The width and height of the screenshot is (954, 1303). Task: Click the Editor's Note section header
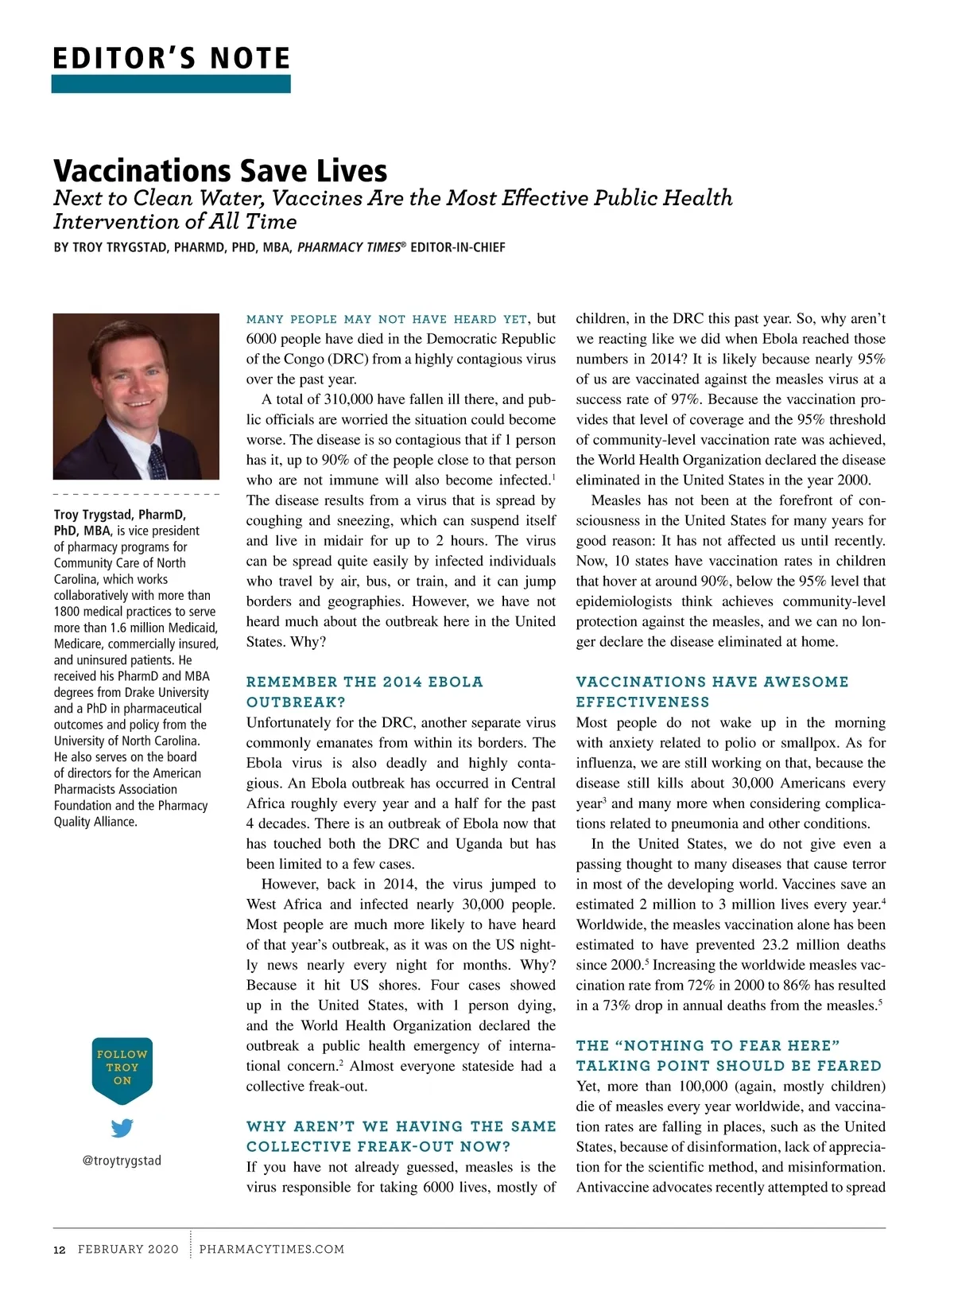[171, 58]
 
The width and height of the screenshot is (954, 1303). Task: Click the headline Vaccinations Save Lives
[220, 170]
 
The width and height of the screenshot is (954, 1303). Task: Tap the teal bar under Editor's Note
[171, 84]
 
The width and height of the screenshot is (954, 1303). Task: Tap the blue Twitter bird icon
[122, 1128]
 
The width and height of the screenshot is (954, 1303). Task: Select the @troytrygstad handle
[122, 1161]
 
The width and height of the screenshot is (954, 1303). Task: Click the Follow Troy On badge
[122, 1068]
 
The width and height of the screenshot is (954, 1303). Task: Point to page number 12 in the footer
[60, 1249]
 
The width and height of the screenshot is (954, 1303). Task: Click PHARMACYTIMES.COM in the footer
[272, 1249]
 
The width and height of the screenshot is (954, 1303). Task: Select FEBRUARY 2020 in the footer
[128, 1249]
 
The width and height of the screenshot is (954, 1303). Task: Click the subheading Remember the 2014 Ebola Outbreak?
[364, 691]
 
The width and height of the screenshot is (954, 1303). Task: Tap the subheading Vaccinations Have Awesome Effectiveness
[712, 691]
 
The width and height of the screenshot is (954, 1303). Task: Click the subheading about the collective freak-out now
[401, 1136]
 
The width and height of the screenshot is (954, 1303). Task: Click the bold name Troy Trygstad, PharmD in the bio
[119, 515]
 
